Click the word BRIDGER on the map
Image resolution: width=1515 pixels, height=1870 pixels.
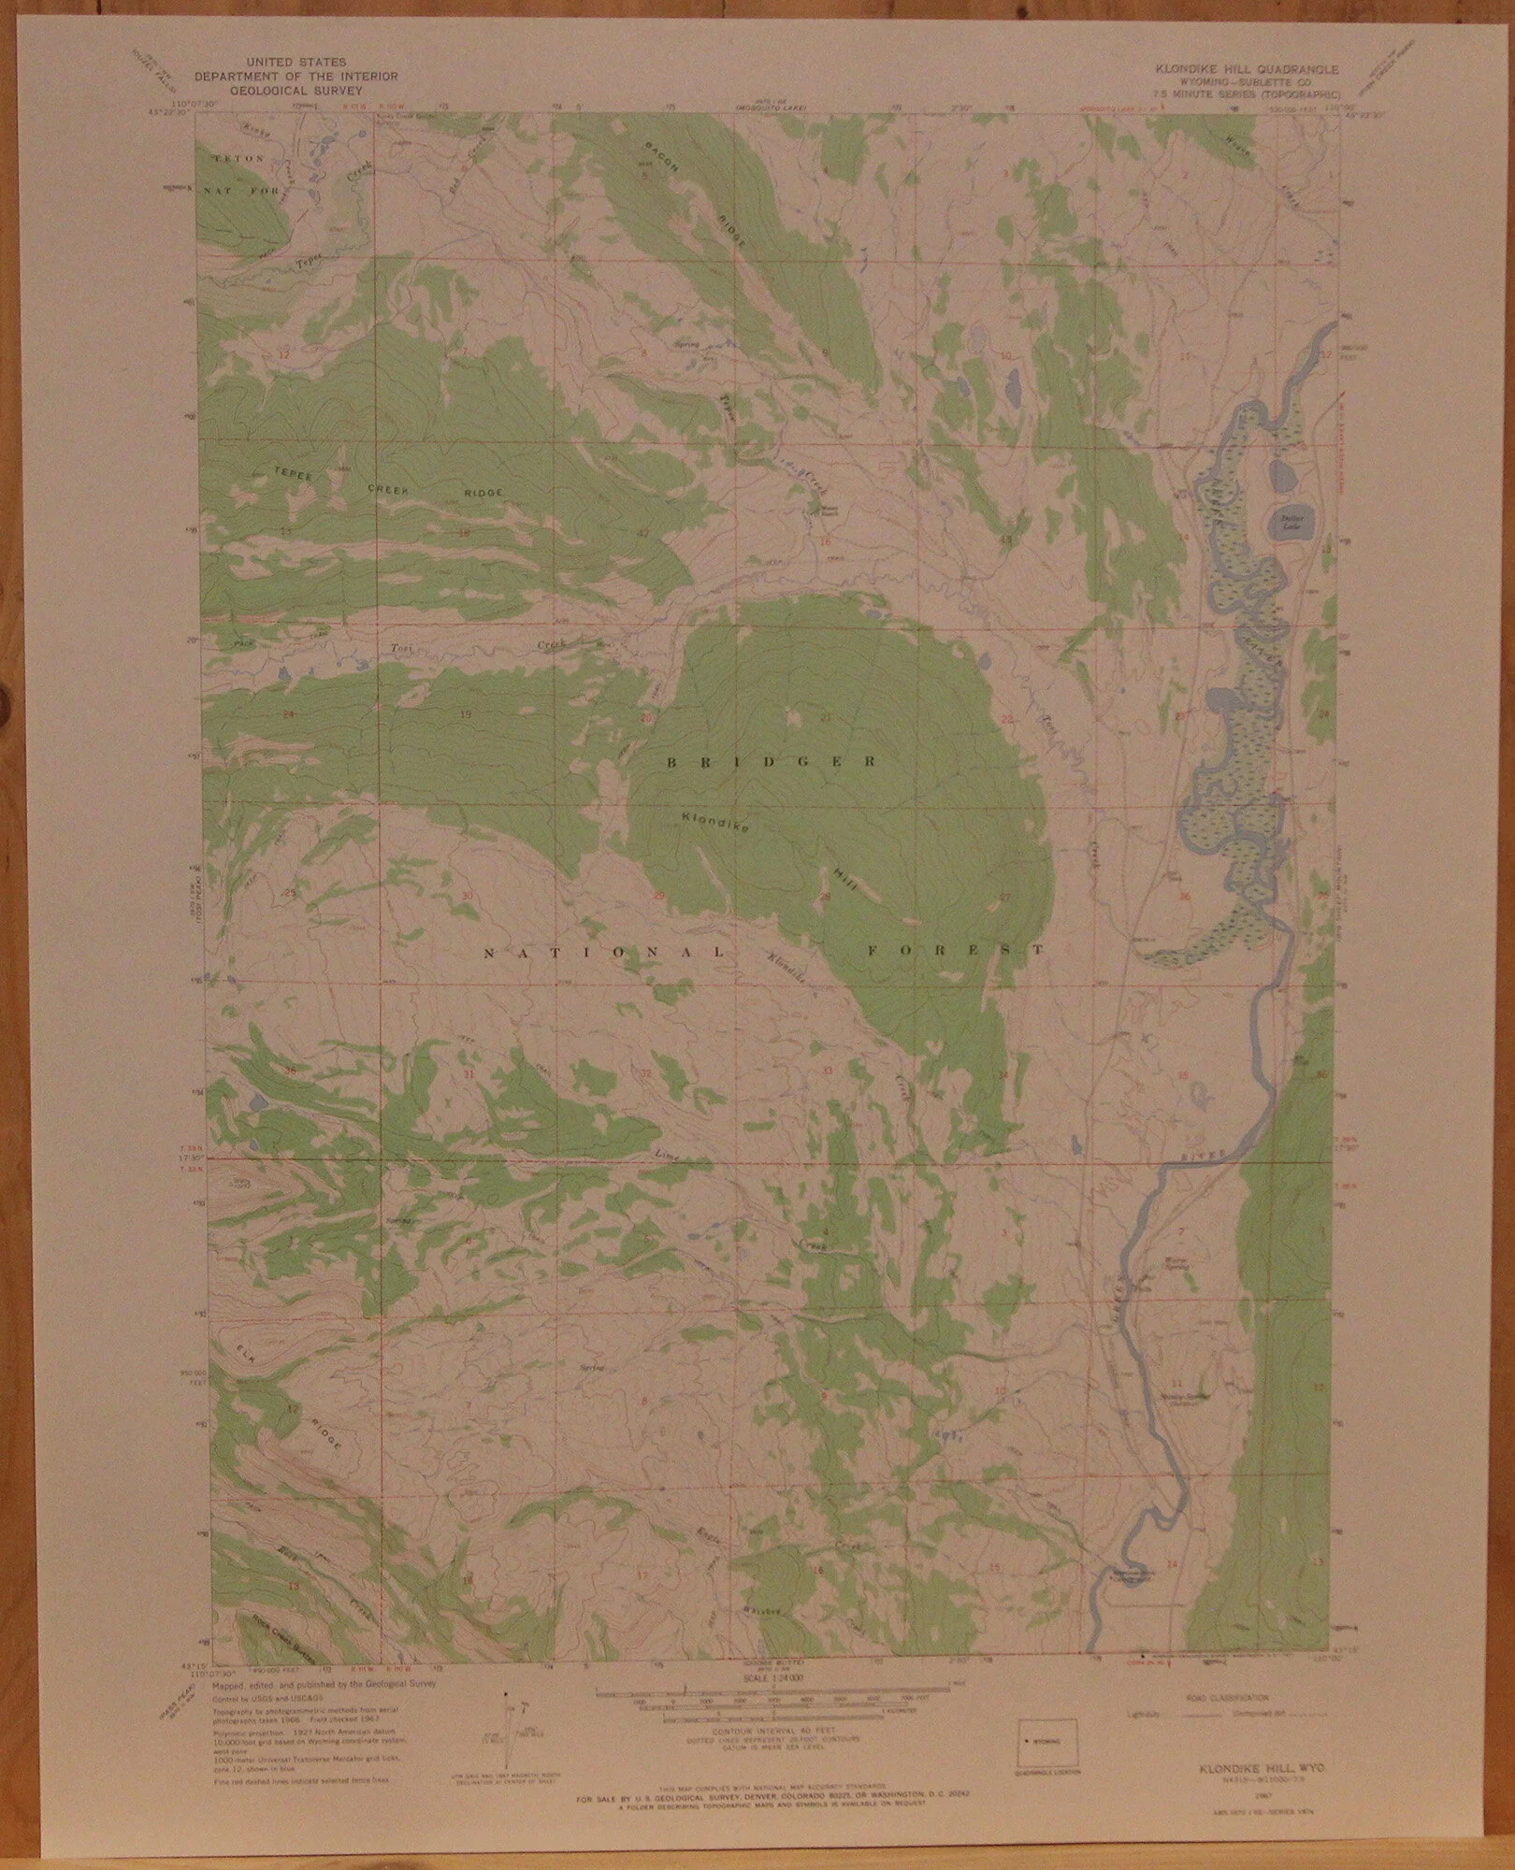[x=772, y=763]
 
